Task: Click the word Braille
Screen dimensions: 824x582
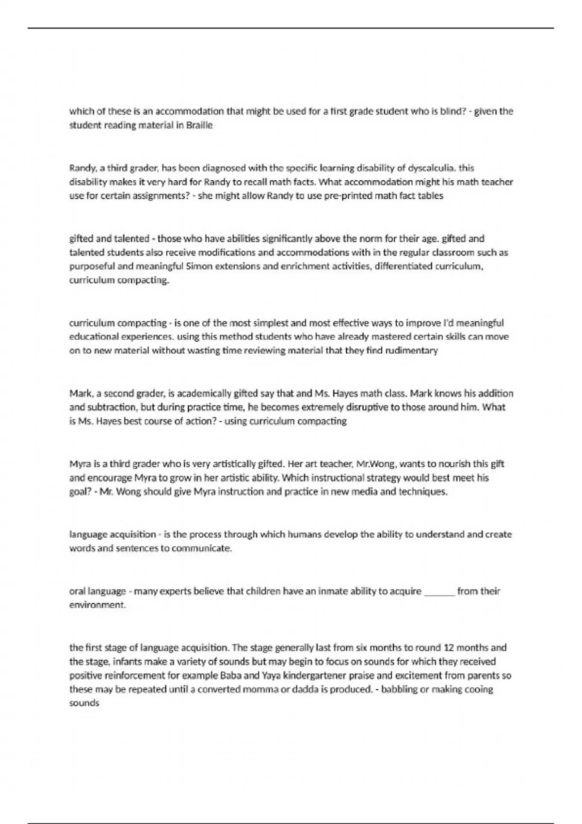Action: pos(199,125)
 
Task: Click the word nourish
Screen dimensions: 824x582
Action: pos(450,463)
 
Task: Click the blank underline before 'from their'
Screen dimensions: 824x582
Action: pos(439,591)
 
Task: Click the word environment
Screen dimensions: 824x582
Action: pos(97,605)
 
